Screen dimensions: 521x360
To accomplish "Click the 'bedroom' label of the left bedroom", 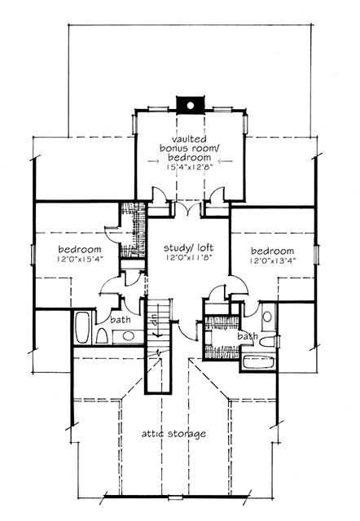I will click(80, 249).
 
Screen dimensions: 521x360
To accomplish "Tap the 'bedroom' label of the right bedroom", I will click(272, 251).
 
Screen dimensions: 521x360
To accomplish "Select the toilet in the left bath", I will click(102, 336).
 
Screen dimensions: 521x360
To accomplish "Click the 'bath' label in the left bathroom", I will click(121, 321).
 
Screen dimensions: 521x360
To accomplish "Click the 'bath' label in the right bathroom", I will click(246, 335).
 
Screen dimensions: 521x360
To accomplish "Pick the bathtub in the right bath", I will click(257, 360).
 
